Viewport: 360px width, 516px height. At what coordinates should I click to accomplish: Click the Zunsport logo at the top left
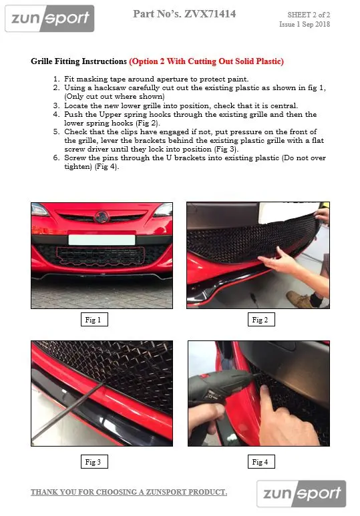[x=49, y=19]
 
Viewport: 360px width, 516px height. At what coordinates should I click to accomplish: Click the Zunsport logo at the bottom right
[x=301, y=493]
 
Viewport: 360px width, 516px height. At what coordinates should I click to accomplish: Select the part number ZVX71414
[x=210, y=14]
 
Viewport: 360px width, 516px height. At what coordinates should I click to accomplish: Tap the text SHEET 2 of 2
[x=309, y=15]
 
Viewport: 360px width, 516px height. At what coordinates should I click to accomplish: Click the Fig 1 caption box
[x=94, y=320]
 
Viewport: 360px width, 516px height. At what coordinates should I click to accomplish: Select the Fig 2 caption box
[x=261, y=320]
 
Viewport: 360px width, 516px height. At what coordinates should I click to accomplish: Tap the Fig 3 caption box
[x=94, y=462]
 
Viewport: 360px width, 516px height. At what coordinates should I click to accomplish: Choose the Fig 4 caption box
[x=261, y=462]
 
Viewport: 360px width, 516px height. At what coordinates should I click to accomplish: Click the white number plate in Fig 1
[x=102, y=240]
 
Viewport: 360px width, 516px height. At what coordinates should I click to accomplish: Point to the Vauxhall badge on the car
[x=101, y=217]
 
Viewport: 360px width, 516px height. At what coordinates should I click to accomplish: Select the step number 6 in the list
[x=56, y=158]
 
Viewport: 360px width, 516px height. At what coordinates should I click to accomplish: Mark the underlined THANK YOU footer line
[x=129, y=493]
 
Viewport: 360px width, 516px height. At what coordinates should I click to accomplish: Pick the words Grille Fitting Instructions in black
[x=79, y=61]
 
